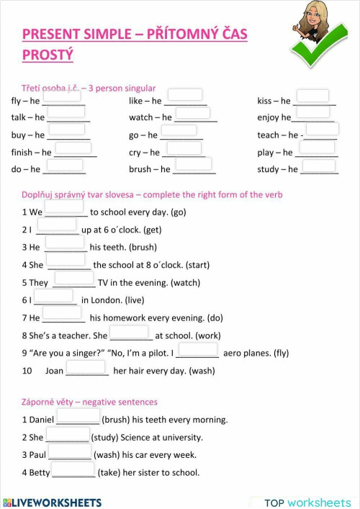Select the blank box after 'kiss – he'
[x=312, y=96]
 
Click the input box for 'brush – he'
[x=194, y=164]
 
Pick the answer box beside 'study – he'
[x=318, y=166]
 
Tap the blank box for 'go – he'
[x=179, y=130]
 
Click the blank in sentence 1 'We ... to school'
[x=64, y=207]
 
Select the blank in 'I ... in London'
[x=54, y=296]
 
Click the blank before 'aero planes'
[x=197, y=349]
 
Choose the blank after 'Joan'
[x=86, y=367]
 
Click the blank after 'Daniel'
[x=78, y=415]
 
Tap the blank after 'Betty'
[x=73, y=469]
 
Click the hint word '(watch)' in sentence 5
[x=185, y=283]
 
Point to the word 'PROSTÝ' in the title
[x=48, y=55]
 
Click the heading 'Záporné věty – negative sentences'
[x=89, y=402]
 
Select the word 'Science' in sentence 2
[x=139, y=437]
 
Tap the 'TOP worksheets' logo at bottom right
[x=307, y=502]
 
